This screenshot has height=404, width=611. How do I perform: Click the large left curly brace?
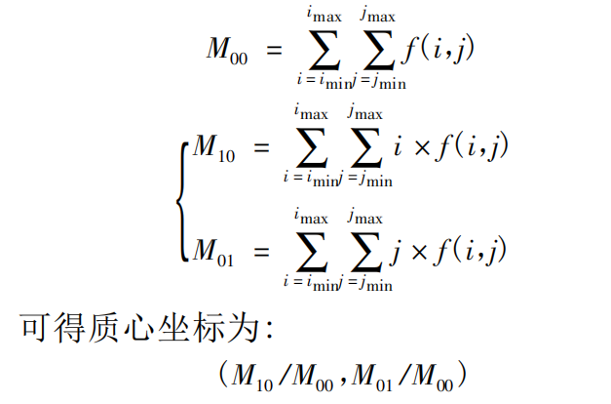(x=182, y=201)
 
